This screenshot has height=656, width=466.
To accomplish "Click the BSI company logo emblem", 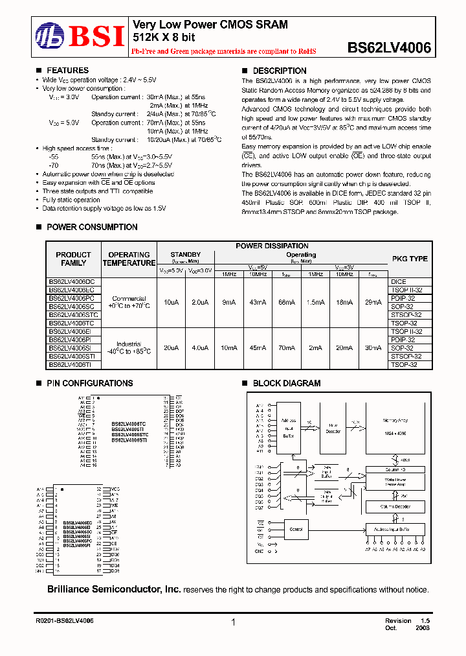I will [49, 36].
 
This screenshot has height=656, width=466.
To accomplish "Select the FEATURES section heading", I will [67, 71].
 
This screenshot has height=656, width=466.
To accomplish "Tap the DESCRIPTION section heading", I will [279, 71].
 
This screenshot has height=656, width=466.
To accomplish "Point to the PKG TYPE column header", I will [410, 259].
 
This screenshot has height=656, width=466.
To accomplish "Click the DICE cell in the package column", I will [399, 282].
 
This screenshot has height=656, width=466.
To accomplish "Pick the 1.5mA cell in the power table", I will [315, 302].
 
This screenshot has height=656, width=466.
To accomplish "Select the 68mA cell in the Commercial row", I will [285, 302].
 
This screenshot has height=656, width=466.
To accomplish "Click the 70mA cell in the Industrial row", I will [285, 348].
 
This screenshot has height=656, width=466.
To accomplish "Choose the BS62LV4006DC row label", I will [72, 282].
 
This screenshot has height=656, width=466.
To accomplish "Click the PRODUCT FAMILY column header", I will [73, 259].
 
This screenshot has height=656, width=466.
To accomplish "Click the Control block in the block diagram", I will [296, 530].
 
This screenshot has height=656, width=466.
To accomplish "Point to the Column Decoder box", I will [395, 506].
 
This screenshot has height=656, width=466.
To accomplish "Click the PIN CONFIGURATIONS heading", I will [89, 384].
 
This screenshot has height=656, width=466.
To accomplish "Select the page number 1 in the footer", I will [232, 622].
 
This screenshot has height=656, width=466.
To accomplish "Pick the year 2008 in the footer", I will [421, 628].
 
